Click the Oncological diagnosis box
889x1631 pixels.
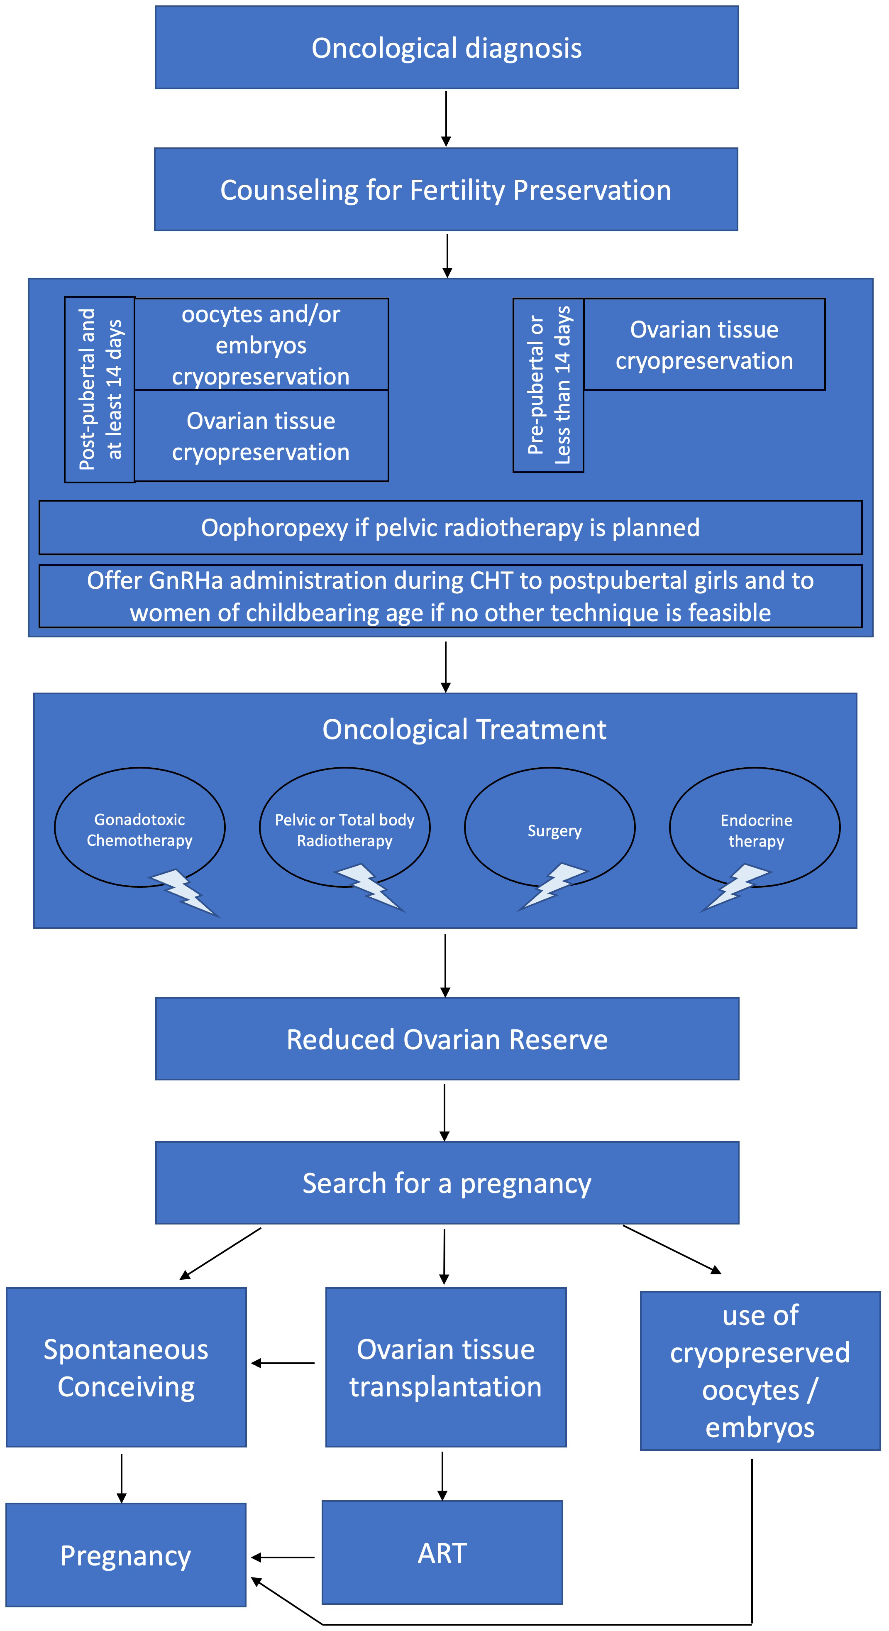click(x=446, y=47)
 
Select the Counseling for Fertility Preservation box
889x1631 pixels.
click(x=445, y=189)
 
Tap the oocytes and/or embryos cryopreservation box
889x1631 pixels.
click(x=261, y=345)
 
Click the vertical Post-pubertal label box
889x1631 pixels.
click(x=99, y=389)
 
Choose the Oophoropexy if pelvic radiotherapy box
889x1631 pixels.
click(x=450, y=527)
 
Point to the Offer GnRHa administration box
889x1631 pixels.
click(x=450, y=596)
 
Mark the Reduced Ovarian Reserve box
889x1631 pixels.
click(x=447, y=1039)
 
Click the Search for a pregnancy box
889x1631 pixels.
click(x=447, y=1183)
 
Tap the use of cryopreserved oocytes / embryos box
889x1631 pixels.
click(x=760, y=1371)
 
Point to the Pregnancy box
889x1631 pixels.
click(x=125, y=1555)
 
